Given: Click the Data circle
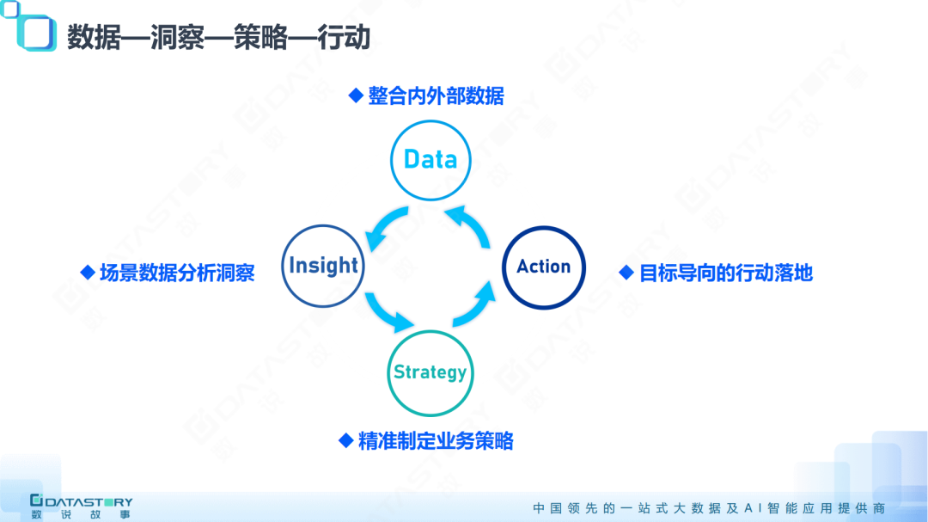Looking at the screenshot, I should [x=430, y=160].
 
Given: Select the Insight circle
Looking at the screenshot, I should [x=323, y=266].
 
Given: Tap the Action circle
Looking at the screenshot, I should [x=543, y=267].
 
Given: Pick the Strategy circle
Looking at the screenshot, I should [x=430, y=372].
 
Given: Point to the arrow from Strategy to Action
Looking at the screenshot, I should [x=475, y=306].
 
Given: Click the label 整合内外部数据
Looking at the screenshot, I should [x=436, y=96].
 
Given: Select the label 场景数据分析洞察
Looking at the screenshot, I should [x=177, y=273].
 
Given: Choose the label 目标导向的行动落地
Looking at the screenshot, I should [x=726, y=273].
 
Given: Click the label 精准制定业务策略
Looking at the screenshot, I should [x=435, y=441].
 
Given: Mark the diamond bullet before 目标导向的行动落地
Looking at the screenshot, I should [x=626, y=273].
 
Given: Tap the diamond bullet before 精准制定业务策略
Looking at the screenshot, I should [x=345, y=441].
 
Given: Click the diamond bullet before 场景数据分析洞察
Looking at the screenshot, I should [x=87, y=273].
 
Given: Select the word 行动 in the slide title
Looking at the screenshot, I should [x=344, y=39].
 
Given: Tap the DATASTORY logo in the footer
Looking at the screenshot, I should [x=81, y=507].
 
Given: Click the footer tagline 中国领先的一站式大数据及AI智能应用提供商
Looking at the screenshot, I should [x=708, y=507].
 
